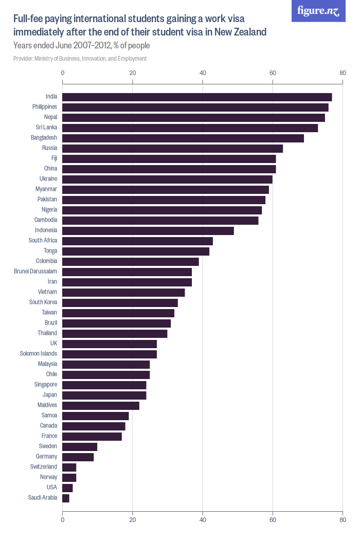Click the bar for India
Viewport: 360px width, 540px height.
(x=197, y=97)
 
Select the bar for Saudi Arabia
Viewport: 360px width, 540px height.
(x=66, y=498)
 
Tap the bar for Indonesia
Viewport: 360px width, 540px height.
(x=148, y=230)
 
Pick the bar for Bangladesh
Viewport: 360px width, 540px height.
(x=183, y=138)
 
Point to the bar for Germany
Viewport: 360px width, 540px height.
(x=78, y=457)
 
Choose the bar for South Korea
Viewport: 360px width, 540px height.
(x=120, y=302)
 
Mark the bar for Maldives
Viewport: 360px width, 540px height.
(x=101, y=405)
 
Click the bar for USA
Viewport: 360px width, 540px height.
(x=67, y=488)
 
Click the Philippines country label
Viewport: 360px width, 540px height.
(x=45, y=107)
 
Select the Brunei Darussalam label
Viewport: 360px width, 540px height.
(x=35, y=272)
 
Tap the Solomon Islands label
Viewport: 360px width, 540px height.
(x=39, y=354)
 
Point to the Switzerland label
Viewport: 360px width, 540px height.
(x=44, y=467)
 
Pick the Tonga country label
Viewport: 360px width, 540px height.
(x=50, y=251)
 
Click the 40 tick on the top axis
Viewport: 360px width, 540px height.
(x=203, y=73)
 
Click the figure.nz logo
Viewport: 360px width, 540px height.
(x=318, y=11)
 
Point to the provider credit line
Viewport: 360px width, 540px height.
(x=80, y=59)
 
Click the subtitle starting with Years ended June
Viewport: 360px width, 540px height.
(x=81, y=46)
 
